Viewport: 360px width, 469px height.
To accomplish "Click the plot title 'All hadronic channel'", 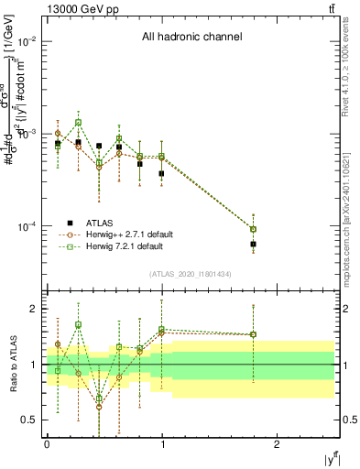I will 191,38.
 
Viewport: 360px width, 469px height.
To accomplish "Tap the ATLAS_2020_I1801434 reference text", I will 191,274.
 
